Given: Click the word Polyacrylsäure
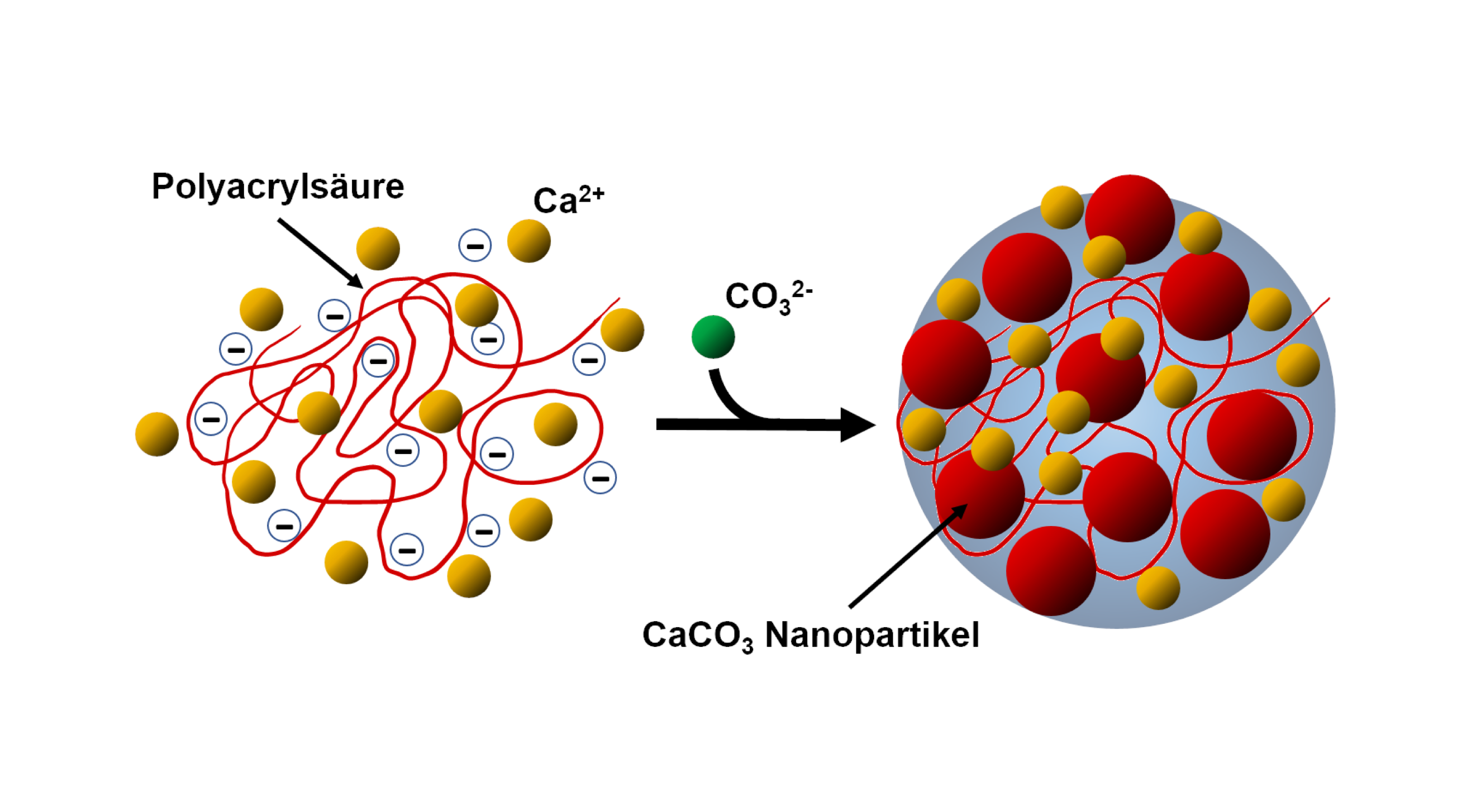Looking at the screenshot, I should click(x=278, y=187).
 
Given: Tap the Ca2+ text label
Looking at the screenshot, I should click(x=568, y=199).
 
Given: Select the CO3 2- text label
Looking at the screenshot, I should click(x=768, y=297).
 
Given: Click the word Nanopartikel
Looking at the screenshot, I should click(x=872, y=635).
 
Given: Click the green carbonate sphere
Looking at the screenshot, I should click(x=713, y=337).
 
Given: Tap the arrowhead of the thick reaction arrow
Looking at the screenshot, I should click(x=856, y=425).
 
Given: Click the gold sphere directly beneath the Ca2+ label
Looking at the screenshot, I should click(x=528, y=241).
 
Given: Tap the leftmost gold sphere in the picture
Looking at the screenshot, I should click(x=157, y=434).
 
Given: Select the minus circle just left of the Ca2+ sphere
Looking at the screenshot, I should click(x=475, y=246).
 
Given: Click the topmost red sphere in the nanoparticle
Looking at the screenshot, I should click(x=1130, y=219).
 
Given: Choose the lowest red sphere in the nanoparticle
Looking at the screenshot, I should click(x=1051, y=570).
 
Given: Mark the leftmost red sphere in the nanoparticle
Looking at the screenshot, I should click(x=946, y=364).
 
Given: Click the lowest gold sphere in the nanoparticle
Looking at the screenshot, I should click(x=1158, y=588).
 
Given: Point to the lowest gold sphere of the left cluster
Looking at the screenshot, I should click(x=469, y=576).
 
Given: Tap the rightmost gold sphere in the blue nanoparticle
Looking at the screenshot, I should click(x=1298, y=365).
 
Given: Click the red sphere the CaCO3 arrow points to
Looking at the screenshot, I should click(x=980, y=494).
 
